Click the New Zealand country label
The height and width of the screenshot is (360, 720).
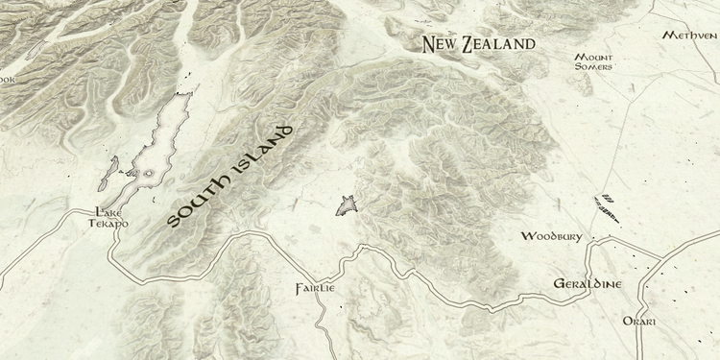click(x=479, y=43)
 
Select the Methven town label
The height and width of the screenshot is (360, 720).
click(x=689, y=35)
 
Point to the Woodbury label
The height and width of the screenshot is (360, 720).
click(x=551, y=235)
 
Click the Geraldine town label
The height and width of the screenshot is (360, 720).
click(x=588, y=283)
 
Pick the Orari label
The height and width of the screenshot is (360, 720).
click(x=638, y=321)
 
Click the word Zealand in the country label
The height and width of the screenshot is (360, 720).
click(x=497, y=43)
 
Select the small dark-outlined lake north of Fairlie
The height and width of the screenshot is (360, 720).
click(x=347, y=204)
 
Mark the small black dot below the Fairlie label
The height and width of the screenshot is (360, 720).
click(x=338, y=306)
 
